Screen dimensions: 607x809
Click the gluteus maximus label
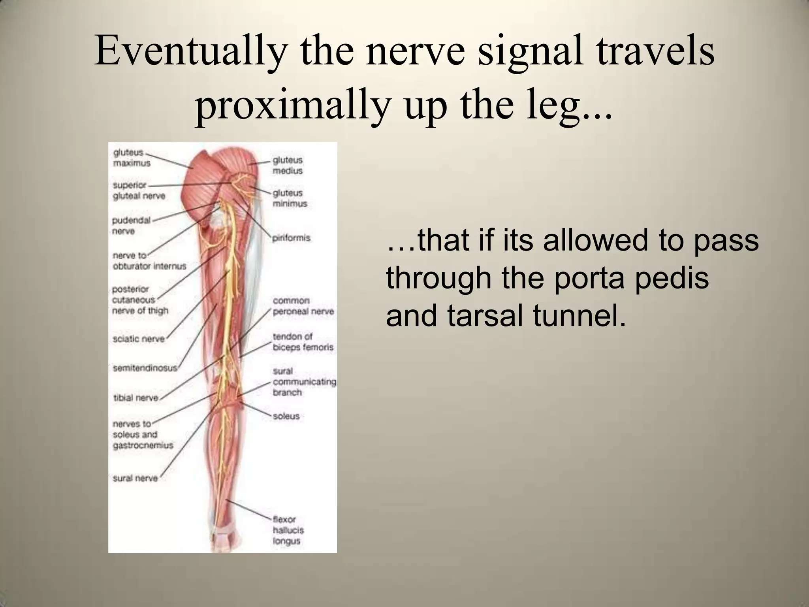tap(131, 158)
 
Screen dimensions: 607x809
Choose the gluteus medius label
tap(287, 166)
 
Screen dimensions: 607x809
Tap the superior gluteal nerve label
tap(139, 190)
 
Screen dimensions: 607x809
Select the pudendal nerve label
tap(131, 226)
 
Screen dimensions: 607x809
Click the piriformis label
tap(291, 238)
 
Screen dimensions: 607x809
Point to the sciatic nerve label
tap(138, 339)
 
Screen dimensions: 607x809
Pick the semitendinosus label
tap(145, 368)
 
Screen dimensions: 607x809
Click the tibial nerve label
tap(135, 398)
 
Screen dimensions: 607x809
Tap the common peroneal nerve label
tap(303, 306)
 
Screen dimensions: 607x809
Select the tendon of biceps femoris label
tap(303, 342)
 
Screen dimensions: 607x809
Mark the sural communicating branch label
tap(304, 382)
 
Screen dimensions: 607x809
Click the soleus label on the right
tap(286, 416)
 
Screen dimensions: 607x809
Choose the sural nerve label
tap(135, 478)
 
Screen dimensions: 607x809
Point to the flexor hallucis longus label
tap(288, 530)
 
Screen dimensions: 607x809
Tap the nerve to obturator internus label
tap(149, 261)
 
